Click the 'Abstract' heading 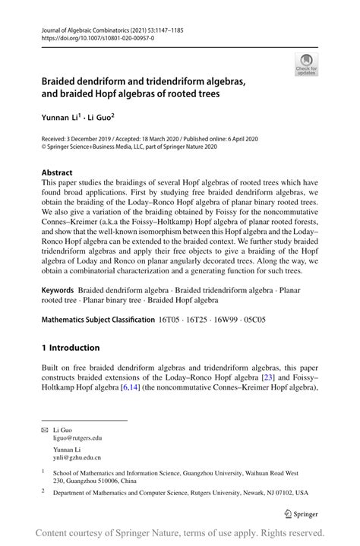tap(58, 173)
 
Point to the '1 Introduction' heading tap(71, 348)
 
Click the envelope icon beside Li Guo tap(44, 430)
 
